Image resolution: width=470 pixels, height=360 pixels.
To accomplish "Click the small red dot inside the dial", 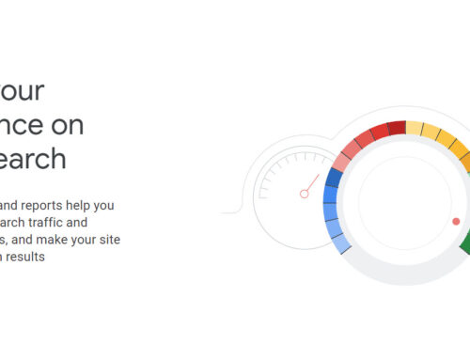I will tap(456, 222).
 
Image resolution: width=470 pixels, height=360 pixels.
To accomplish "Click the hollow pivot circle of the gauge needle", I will tap(304, 195).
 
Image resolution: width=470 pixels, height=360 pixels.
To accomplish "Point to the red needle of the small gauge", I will tap(311, 186).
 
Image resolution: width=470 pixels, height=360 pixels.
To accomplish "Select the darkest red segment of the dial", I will tap(396, 127).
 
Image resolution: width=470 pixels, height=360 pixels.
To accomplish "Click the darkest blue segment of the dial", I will tap(333, 178).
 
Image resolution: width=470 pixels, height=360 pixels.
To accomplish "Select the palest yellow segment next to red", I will tap(416, 129).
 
